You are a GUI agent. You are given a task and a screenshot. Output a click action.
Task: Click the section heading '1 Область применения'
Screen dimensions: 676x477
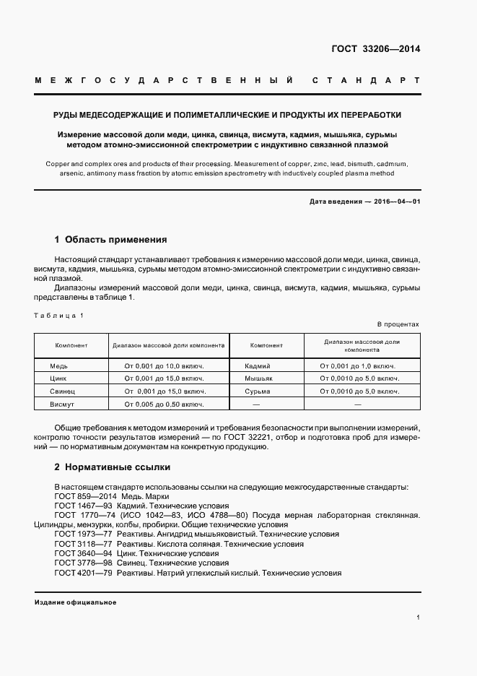pyautogui.click(x=111, y=239)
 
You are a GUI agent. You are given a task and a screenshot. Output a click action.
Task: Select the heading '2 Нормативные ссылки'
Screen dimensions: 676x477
pyautogui.click(x=112, y=467)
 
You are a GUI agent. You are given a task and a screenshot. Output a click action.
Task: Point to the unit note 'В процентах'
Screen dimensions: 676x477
pyautogui.click(x=398, y=325)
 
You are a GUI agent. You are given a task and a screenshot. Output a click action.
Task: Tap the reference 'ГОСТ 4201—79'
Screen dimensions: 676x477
pyautogui.click(x=82, y=573)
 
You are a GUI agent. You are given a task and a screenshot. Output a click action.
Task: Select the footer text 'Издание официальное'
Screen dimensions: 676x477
pyautogui.click(x=75, y=602)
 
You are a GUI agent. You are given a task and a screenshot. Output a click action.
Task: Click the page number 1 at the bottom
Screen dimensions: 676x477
pyautogui.click(x=418, y=618)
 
